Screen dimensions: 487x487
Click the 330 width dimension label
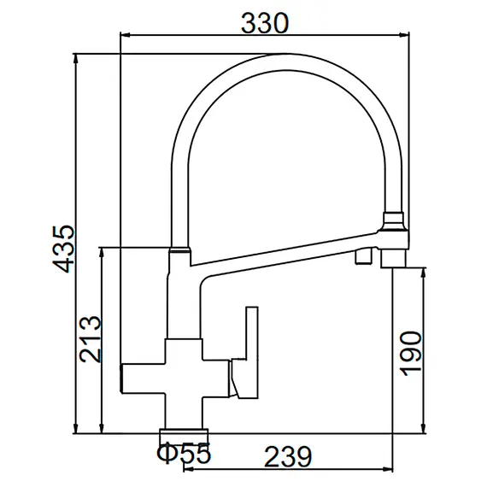point(265,24)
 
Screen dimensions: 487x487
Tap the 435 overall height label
point(64,249)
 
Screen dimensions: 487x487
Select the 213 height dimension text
point(91,339)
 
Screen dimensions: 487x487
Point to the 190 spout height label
point(411,354)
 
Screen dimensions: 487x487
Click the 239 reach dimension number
point(288,457)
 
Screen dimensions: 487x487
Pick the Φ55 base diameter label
point(184,453)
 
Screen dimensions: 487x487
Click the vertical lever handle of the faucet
point(252,353)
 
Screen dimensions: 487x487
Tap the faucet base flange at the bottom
point(184,431)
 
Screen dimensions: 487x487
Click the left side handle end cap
point(121,378)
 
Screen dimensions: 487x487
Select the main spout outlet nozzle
point(393,257)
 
